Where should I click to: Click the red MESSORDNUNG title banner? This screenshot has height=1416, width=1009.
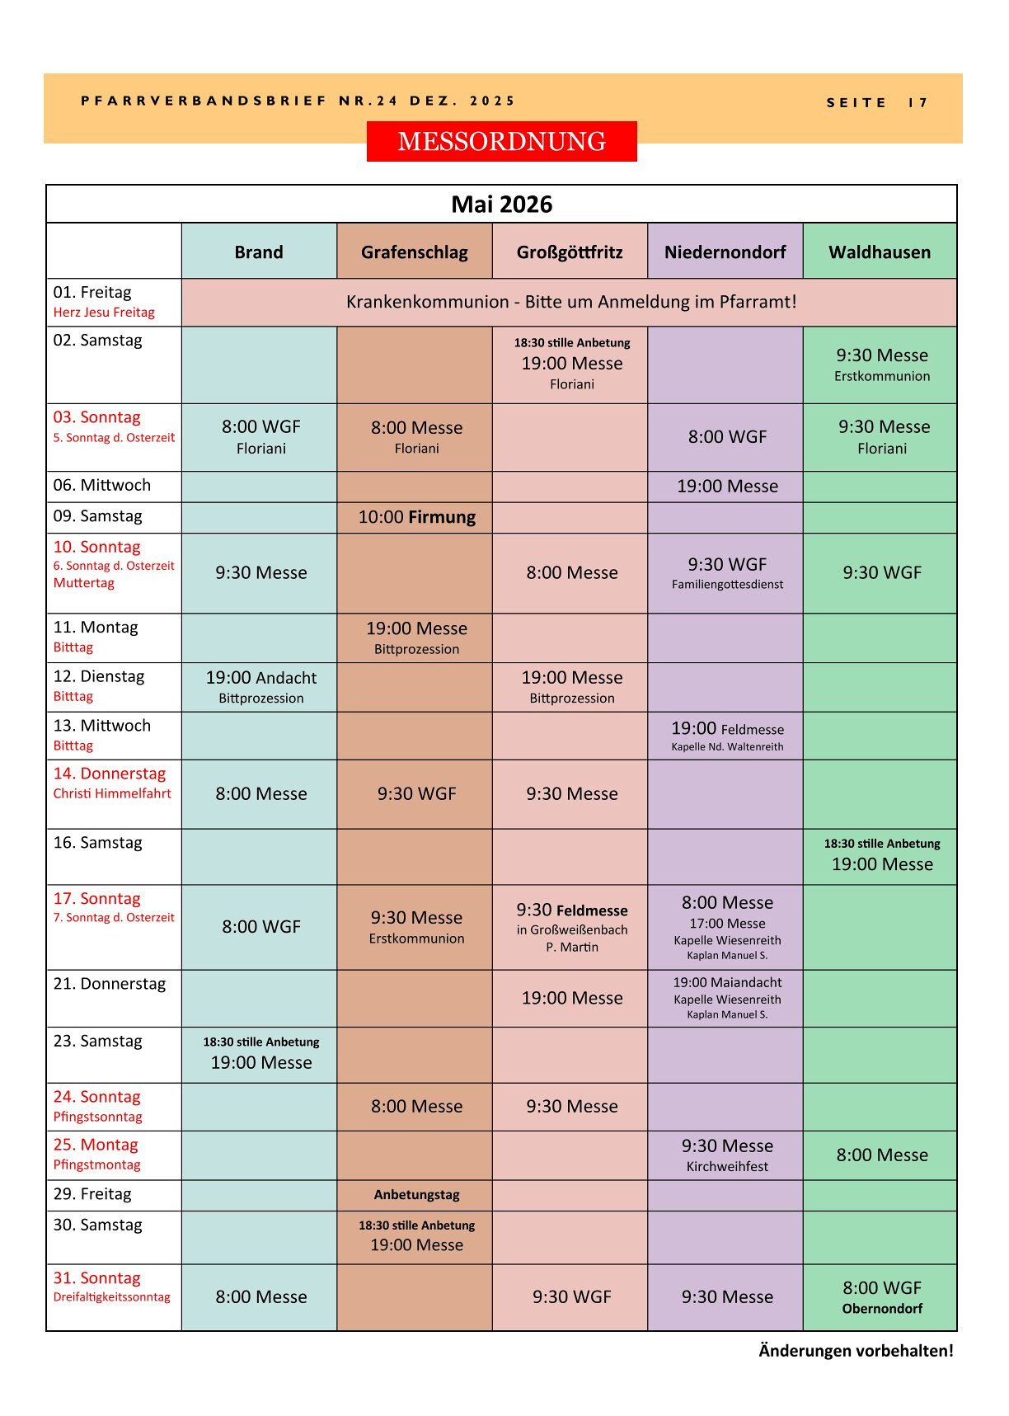pyautogui.click(x=501, y=141)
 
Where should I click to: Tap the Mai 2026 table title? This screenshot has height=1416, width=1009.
pyautogui.click(x=501, y=205)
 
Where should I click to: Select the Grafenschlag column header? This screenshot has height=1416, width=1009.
pyautogui.click(x=414, y=252)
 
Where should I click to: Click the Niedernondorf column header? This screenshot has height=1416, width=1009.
pyautogui.click(x=725, y=252)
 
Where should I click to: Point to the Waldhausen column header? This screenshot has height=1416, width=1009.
pyautogui.click(x=880, y=252)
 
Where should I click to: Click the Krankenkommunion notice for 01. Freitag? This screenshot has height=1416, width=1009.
pyautogui.click(x=570, y=302)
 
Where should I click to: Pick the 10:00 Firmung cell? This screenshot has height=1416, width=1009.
pyautogui.click(x=416, y=517)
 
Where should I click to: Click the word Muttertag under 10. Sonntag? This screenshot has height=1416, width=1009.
pyautogui.click(x=84, y=583)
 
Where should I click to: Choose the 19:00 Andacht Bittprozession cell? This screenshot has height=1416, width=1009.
pyautogui.click(x=260, y=687)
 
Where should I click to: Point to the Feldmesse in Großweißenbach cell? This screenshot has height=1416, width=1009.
pyautogui.click(x=571, y=927)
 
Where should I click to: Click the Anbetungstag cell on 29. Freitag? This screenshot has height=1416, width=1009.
pyautogui.click(x=416, y=1194)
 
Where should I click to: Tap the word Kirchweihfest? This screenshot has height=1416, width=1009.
pyautogui.click(x=727, y=1167)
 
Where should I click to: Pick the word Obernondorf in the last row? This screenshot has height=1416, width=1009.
pyautogui.click(x=882, y=1309)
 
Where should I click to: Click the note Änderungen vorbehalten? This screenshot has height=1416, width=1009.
pyautogui.click(x=856, y=1351)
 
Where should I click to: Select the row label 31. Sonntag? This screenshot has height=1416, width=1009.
pyautogui.click(x=97, y=1278)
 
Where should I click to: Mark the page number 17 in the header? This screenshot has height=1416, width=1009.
pyautogui.click(x=918, y=103)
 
